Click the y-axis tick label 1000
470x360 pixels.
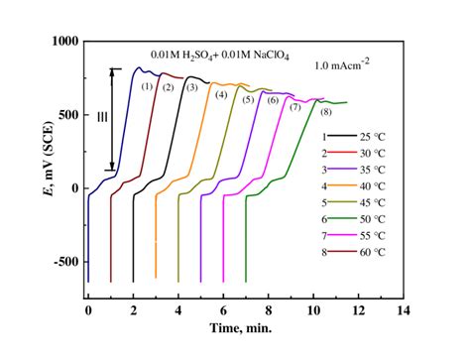[x=62, y=42]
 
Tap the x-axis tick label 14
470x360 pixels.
[x=402, y=310]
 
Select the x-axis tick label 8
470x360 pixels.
[x=268, y=310]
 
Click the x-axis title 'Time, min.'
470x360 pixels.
[x=245, y=327]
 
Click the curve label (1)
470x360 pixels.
[x=147, y=87]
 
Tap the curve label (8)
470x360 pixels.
[x=326, y=111]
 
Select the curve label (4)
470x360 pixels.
[x=221, y=95]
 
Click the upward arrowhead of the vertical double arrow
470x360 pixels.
[x=114, y=71]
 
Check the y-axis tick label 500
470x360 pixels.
[x=66, y=115]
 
